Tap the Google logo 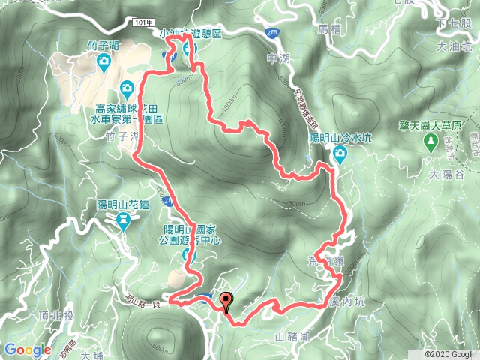[28, 349]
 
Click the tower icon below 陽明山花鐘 [124, 219]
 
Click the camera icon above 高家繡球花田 [127, 88]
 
